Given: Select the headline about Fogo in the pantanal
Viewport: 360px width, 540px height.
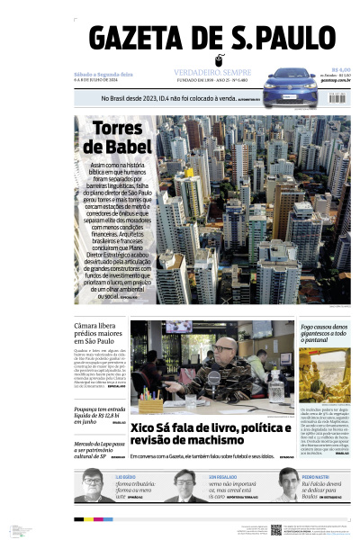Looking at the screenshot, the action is click(325, 335).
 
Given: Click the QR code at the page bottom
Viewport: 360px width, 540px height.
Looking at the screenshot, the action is click(276, 530).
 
